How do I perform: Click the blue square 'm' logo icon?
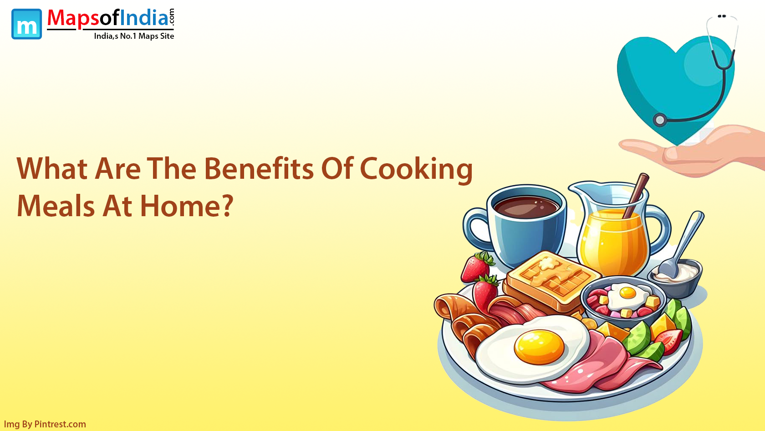[26, 24]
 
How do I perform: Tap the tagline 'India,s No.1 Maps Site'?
[134, 36]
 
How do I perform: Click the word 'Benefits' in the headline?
[259, 168]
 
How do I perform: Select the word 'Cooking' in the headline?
[416, 171]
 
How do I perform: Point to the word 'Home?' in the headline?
[187, 206]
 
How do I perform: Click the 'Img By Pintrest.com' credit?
[45, 424]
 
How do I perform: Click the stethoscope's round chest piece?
[660, 120]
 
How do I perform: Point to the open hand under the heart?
[693, 152]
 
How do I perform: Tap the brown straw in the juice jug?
[636, 195]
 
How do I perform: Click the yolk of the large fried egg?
[539, 347]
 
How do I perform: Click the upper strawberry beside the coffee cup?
[477, 267]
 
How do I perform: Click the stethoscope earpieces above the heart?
[722, 16]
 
